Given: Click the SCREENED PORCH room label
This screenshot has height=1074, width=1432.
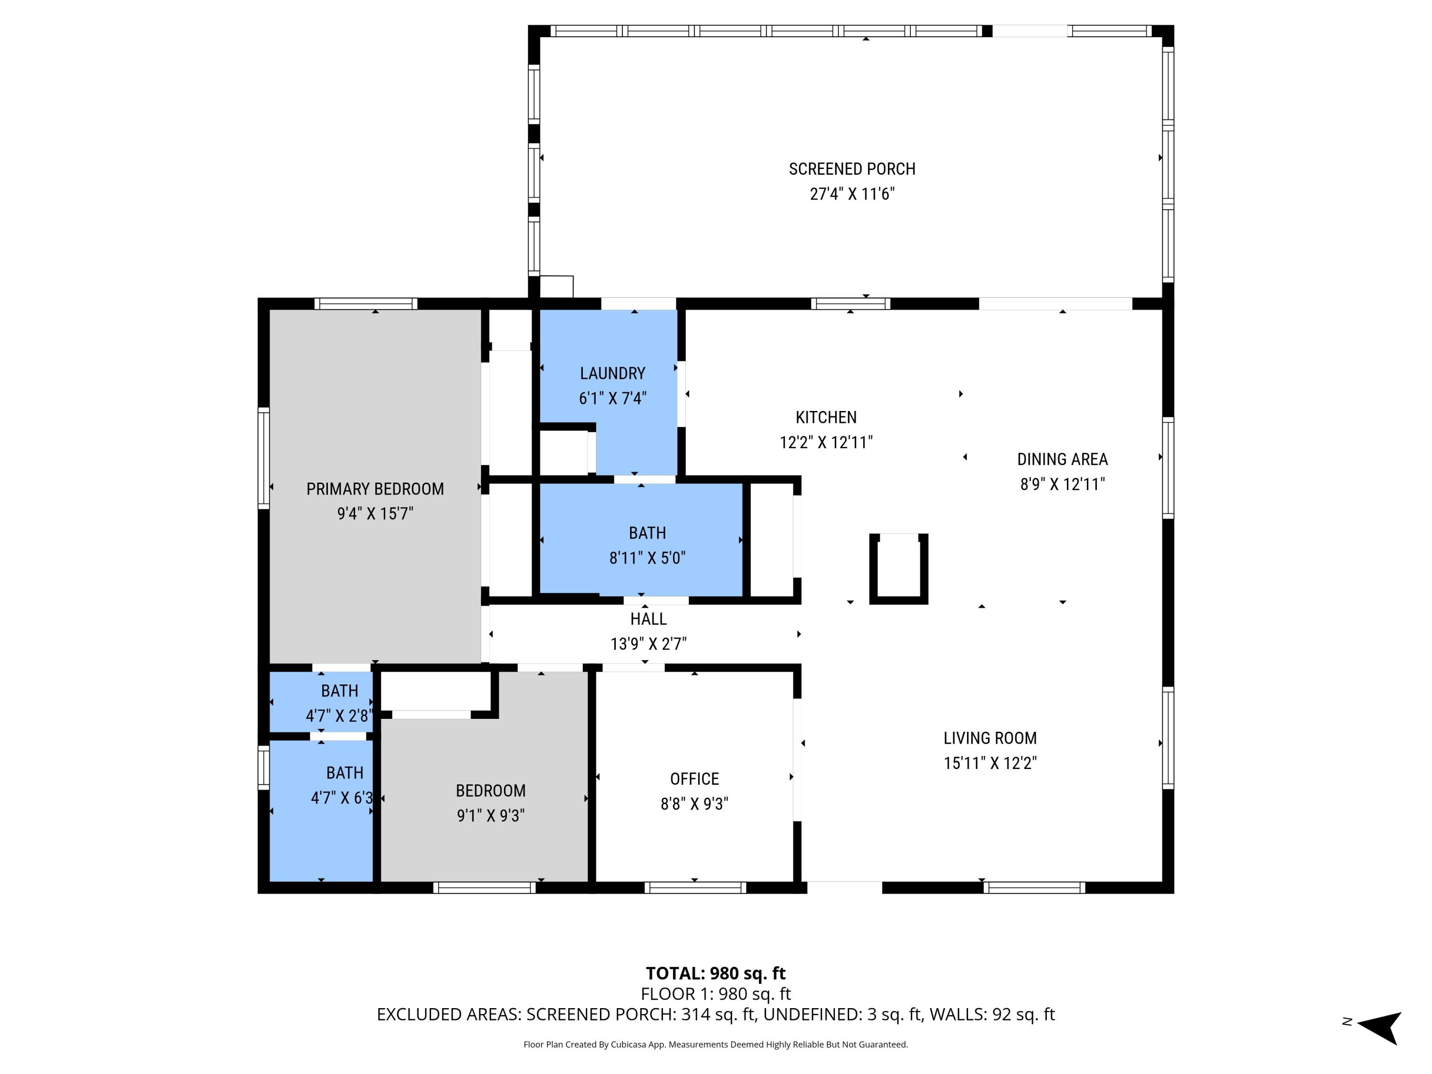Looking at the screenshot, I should coord(852,169).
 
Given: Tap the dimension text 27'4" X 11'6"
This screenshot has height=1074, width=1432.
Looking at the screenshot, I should coord(852,194).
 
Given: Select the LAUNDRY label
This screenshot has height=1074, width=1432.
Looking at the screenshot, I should coord(612,374).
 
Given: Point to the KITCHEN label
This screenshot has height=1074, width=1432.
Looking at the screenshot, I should coord(826,418).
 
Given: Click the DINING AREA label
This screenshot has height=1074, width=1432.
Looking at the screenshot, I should coord(1063,460).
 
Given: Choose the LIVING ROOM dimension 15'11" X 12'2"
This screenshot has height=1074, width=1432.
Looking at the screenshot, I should coord(990,763).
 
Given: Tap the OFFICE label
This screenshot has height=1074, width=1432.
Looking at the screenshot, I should coord(694,779).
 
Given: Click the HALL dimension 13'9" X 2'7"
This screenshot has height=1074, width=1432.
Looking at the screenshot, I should coord(648,643).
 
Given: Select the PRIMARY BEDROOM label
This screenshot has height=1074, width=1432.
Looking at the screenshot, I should coord(375,489).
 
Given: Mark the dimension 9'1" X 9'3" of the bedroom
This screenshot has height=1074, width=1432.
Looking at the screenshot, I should coord(490,815).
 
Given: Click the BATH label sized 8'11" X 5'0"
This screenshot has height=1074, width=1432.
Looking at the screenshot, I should coord(647,533).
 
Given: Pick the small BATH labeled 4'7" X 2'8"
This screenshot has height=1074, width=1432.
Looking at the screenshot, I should coord(339,691).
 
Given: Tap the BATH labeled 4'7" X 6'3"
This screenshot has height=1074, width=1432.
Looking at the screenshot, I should coord(345,773).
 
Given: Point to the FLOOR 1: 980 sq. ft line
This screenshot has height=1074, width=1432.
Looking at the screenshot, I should coord(716,994).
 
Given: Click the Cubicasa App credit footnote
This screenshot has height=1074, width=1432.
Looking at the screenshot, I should coord(716,1044).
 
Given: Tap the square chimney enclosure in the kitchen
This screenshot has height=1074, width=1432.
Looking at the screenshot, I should coord(898,569).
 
